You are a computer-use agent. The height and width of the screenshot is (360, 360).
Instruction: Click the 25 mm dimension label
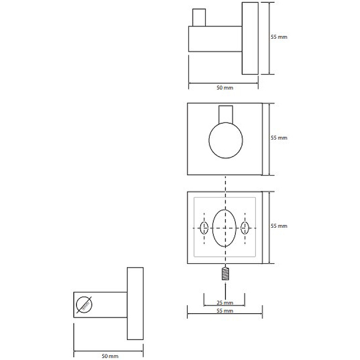click(225, 302)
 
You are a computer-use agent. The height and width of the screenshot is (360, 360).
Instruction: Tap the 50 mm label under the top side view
click(225, 87)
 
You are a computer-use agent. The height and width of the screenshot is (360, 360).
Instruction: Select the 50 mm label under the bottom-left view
click(110, 356)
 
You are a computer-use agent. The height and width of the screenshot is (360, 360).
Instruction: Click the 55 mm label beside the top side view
click(279, 37)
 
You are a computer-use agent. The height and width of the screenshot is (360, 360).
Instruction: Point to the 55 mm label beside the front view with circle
click(279, 138)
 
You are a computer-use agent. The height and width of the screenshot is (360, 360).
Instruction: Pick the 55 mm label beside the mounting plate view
click(279, 226)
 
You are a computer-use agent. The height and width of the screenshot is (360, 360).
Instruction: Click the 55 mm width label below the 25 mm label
click(225, 310)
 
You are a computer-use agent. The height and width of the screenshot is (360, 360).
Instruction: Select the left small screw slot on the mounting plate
click(204, 228)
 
